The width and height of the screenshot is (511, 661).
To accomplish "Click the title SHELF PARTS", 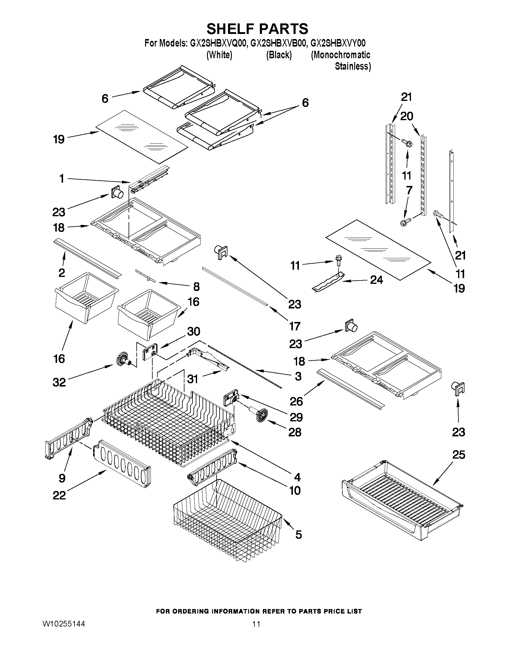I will (x=257, y=29).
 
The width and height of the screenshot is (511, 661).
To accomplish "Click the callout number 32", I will (x=59, y=382).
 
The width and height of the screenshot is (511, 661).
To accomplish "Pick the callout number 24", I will (x=377, y=280).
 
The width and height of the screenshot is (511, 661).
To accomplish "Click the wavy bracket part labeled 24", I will (x=328, y=282).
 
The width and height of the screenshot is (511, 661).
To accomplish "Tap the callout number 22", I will (x=59, y=496).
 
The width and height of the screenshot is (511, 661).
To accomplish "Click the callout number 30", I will (x=193, y=332).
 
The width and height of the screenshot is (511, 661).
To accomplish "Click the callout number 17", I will (x=294, y=326).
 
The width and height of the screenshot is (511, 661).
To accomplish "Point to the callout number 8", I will (x=196, y=286).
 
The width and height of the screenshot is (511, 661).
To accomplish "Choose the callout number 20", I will (x=406, y=116).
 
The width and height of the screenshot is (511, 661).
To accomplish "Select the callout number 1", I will (x=62, y=179).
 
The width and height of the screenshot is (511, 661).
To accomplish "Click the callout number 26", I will (x=296, y=402).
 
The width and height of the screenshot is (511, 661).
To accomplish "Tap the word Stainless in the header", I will (x=352, y=66).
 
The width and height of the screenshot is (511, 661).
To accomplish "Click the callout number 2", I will (x=62, y=273).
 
